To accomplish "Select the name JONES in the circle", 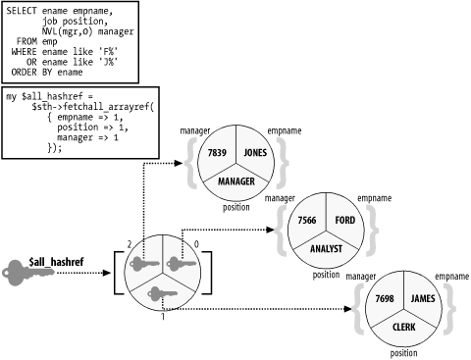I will click(255, 154).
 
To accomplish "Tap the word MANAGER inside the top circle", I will click(235, 181).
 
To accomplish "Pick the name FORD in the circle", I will click(344, 220).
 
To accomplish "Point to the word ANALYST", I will click(326, 248).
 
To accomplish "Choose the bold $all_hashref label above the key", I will click(47, 251).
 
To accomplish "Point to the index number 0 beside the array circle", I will click(196, 241).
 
